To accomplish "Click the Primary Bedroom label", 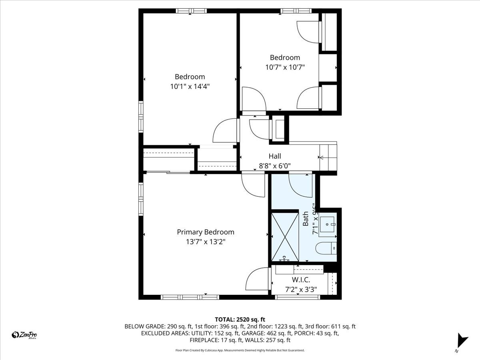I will pos(206,232).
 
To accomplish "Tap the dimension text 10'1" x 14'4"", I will pos(190,86).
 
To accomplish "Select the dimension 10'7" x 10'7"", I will pos(285,67).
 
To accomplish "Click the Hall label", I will pos(275,156).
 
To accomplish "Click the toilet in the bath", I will pos(326,248).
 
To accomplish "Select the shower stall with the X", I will pos(285,237).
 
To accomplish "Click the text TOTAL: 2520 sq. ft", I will pos(240,319).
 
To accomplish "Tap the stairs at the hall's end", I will pos(328,158).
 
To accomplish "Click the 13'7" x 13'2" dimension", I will pos(205,242).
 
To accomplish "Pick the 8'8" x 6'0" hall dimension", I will pos(275,166).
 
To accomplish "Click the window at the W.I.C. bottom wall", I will pos(298,297).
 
